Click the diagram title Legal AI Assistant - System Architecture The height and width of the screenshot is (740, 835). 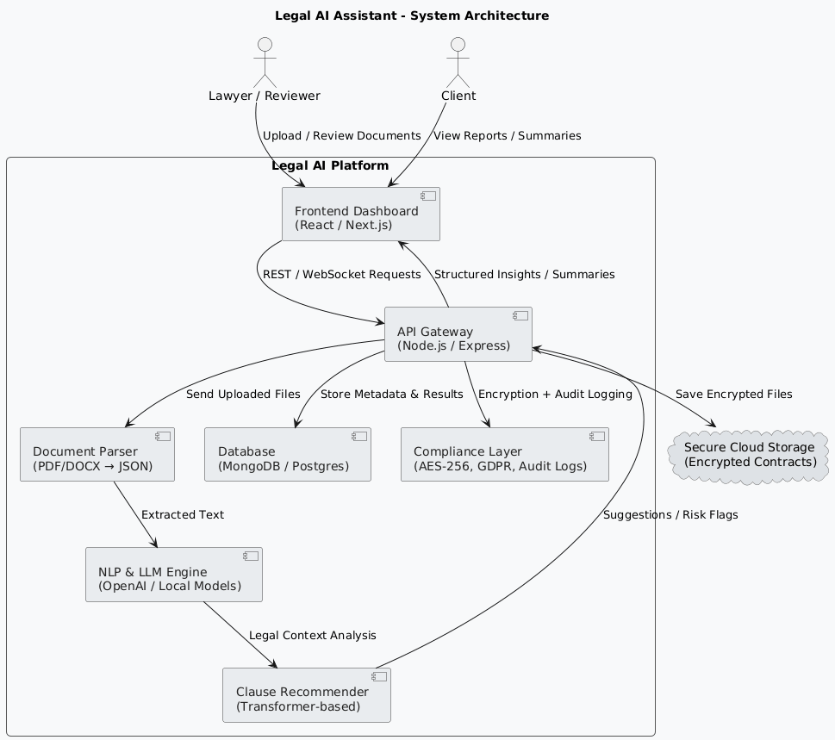coord(411,16)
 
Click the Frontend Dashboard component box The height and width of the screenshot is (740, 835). coord(360,214)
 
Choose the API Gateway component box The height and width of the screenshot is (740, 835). coord(457,334)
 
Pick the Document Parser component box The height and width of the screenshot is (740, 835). coord(97,454)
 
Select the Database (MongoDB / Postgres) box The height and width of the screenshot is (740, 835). coord(287,454)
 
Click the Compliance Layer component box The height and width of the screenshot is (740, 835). coord(504,454)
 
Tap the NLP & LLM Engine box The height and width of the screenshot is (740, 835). coord(173,575)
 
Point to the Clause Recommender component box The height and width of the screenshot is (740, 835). coord(306,694)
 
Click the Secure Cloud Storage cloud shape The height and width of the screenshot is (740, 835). coord(749,455)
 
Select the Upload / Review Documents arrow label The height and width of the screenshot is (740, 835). coord(341,136)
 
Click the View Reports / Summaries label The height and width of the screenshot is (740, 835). coord(507,136)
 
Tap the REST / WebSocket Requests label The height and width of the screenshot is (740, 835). coord(341,275)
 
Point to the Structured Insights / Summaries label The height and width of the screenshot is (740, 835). coord(524,275)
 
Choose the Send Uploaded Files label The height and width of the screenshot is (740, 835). coord(242,395)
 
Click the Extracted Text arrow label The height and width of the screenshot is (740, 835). coord(182,515)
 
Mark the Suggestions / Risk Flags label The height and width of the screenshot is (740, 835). coord(670,515)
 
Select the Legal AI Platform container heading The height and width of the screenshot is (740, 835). coord(330,166)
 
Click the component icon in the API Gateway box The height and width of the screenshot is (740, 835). coord(520,317)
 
